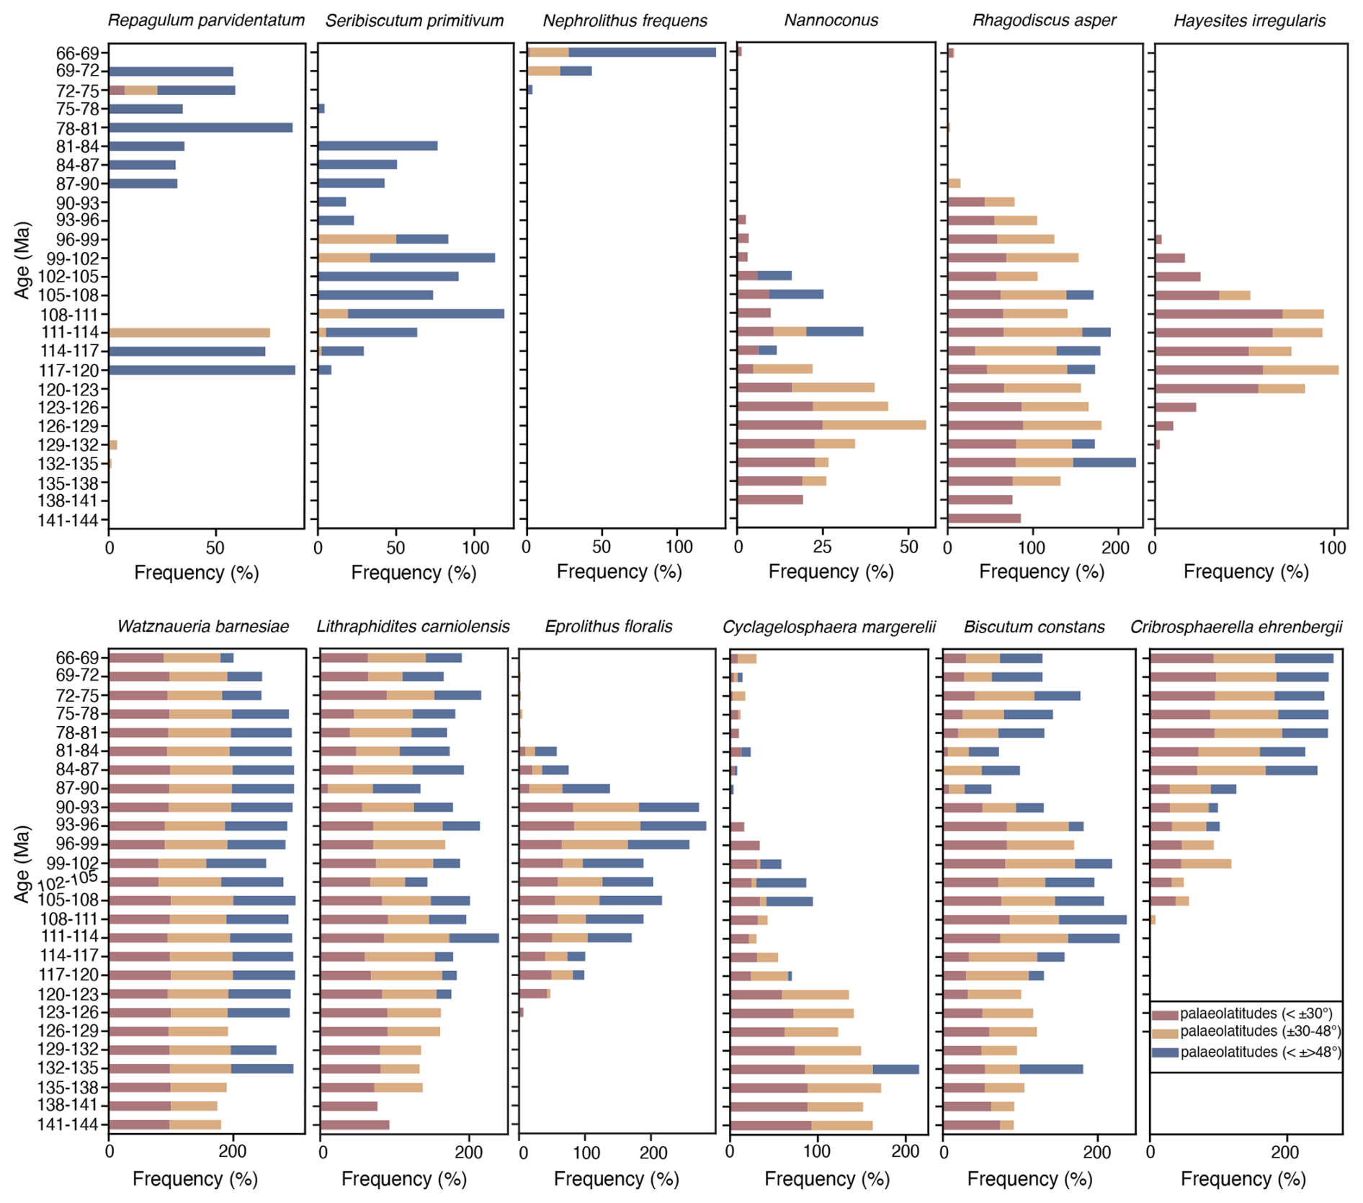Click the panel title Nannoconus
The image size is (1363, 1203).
[831, 20]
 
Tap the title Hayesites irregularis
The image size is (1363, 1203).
[1249, 20]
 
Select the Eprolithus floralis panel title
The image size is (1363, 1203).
[609, 627]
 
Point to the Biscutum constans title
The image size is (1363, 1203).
[1034, 627]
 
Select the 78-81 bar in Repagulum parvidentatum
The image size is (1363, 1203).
[200, 128]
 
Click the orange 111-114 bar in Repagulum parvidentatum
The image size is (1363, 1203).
[189, 333]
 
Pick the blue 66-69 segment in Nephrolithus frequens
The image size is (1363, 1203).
[642, 52]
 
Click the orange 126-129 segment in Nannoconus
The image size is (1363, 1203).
[874, 425]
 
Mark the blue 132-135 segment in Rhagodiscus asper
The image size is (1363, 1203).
[1104, 462]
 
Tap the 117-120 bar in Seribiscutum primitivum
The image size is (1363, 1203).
[325, 370]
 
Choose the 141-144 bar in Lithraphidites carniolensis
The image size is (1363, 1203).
[355, 1124]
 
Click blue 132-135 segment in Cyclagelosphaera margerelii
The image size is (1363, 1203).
[895, 1069]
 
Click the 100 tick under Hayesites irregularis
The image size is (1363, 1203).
[1332, 547]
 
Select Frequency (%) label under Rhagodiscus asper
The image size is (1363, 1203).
[1041, 572]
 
